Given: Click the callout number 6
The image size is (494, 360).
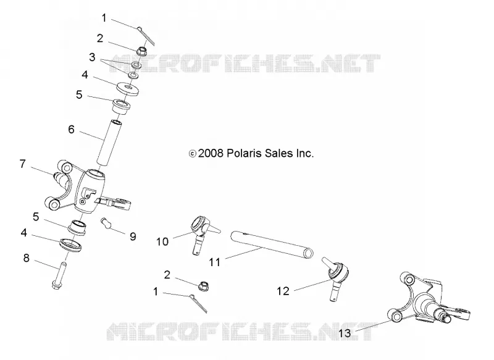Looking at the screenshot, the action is (x=72, y=130).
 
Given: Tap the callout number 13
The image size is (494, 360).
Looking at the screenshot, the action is (x=345, y=333).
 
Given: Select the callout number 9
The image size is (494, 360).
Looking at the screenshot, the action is (x=133, y=237).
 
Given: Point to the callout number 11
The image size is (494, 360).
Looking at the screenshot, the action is (x=215, y=262).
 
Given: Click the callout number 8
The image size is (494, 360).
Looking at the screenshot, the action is (x=27, y=258).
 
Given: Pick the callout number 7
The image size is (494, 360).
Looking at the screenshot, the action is (x=22, y=164).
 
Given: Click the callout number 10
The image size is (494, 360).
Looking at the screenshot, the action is (x=162, y=242).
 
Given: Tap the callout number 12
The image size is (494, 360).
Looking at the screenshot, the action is (x=283, y=291).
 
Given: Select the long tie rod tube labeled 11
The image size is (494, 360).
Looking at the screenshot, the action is (x=272, y=245).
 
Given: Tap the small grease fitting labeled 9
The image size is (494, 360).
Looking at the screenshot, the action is (x=107, y=223).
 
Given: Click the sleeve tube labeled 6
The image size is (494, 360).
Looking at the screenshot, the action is (x=109, y=142).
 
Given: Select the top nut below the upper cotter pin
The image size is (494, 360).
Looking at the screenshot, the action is (x=142, y=51).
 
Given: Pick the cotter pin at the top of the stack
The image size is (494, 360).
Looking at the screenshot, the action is (x=146, y=35).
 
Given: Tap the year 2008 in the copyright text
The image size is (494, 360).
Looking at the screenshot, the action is (x=211, y=153).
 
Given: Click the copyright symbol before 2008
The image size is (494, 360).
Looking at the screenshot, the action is (x=192, y=154).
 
